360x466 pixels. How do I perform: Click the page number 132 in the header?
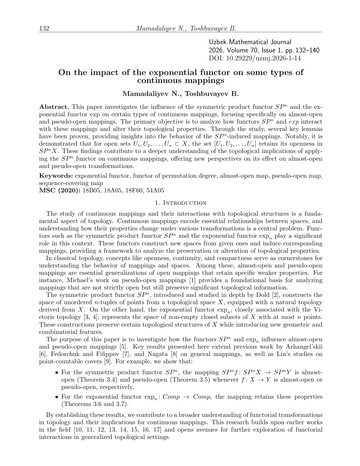click(44, 29)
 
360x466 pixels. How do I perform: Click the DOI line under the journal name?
click(255, 58)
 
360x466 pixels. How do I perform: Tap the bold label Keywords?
click(56, 176)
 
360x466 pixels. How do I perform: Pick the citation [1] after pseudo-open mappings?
click(191, 280)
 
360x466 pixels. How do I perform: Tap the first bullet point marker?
click(57, 373)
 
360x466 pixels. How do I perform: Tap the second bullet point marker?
click(57, 397)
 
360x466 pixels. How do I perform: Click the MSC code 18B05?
click(90, 190)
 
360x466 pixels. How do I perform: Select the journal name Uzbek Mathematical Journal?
click(250, 42)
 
